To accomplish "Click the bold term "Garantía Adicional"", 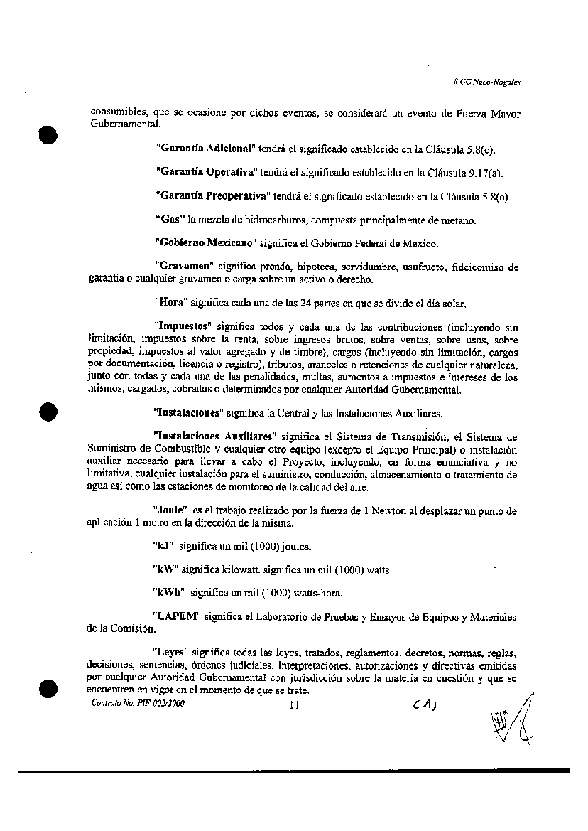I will coord(205,149).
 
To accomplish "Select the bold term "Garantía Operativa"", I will coord(206,172).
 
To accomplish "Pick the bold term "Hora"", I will coord(170,304).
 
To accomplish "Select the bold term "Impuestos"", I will coord(184,327).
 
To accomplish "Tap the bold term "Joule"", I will coord(169,510).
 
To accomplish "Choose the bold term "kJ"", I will coord(163,547).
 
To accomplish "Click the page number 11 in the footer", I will coord(295,705).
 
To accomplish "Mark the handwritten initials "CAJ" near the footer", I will coord(425,704).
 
